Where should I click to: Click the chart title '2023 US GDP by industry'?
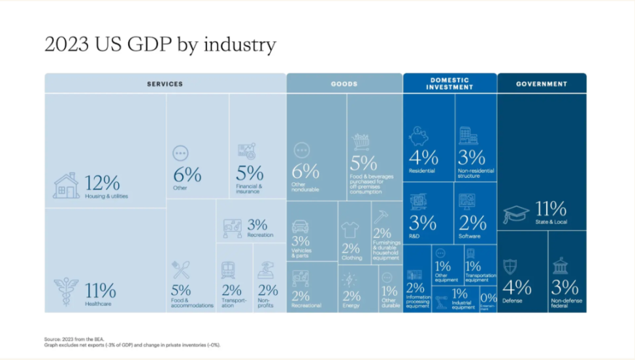[160, 44]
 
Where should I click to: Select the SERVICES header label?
[165, 84]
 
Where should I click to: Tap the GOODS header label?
[344, 84]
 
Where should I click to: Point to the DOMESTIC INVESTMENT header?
[449, 83]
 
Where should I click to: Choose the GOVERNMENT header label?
[542, 84]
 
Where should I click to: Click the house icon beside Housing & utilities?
[67, 186]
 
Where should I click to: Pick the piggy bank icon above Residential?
[418, 136]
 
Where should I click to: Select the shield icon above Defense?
[510, 267]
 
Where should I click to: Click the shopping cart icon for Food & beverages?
[361, 141]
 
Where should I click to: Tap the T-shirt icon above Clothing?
[350, 230]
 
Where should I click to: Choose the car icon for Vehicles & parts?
[300, 227]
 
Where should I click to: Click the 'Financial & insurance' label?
[250, 189]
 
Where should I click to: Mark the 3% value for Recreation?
[257, 224]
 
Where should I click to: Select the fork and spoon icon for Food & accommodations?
[180, 270]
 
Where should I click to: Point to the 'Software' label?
[470, 237]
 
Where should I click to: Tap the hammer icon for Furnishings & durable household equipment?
[381, 216]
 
